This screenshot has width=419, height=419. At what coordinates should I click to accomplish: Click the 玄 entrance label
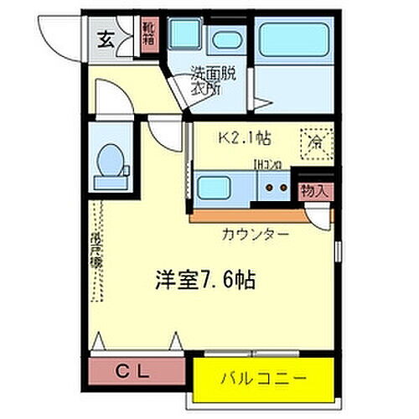tap(108, 38)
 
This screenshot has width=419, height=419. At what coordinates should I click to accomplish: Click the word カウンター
tap(256, 234)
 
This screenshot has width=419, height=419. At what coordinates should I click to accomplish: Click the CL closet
tap(135, 368)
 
